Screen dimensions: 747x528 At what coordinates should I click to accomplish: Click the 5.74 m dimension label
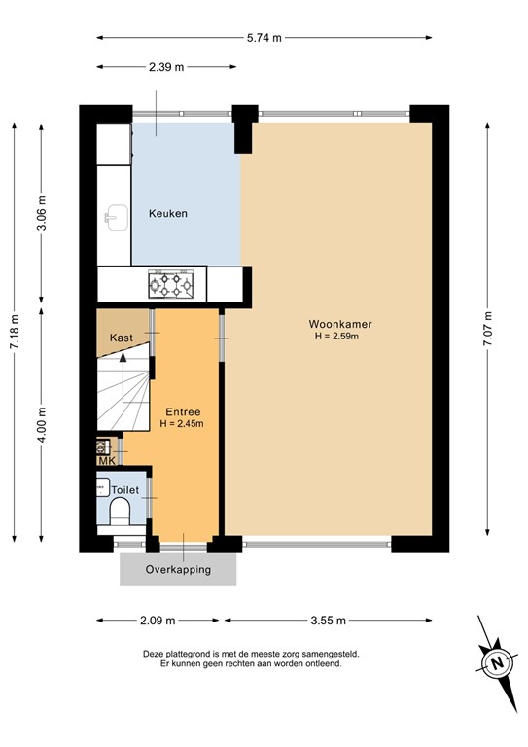coord(263,38)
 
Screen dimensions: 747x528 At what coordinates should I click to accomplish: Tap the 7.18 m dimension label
coord(14,333)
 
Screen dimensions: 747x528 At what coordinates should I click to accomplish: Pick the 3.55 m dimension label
coord(329,621)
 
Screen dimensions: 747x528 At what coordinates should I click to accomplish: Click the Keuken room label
coord(167,214)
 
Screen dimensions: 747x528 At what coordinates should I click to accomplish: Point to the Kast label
coord(122,337)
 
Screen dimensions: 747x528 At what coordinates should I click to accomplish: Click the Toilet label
coord(125,489)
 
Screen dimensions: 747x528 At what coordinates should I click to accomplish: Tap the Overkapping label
coord(177,570)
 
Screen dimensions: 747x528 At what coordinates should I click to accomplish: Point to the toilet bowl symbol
coord(122,512)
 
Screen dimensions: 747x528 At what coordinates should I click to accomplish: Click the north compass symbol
coord(496,663)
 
